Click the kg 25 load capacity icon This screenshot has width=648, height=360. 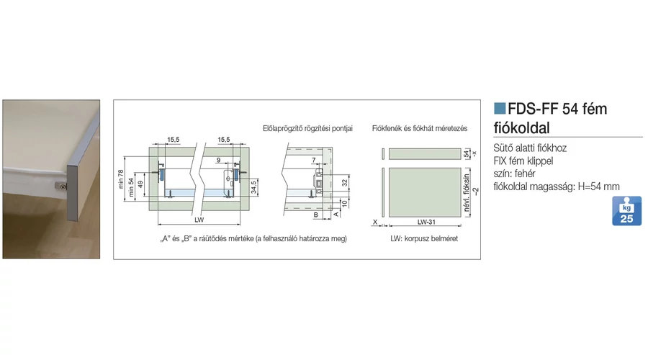click(626, 212)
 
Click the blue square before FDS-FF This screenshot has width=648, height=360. click(500, 109)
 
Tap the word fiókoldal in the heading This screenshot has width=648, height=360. click(521, 128)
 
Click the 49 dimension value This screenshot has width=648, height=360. click(143, 184)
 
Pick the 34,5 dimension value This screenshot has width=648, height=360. click(253, 189)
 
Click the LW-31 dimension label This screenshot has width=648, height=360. click(420, 222)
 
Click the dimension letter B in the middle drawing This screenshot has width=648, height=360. click(316, 215)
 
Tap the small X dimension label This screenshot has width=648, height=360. click(375, 222)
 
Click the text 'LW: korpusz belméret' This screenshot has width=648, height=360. click(423, 238)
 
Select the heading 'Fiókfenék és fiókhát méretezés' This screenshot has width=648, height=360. click(420, 128)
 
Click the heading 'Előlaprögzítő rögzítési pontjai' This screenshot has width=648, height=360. click(307, 128)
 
